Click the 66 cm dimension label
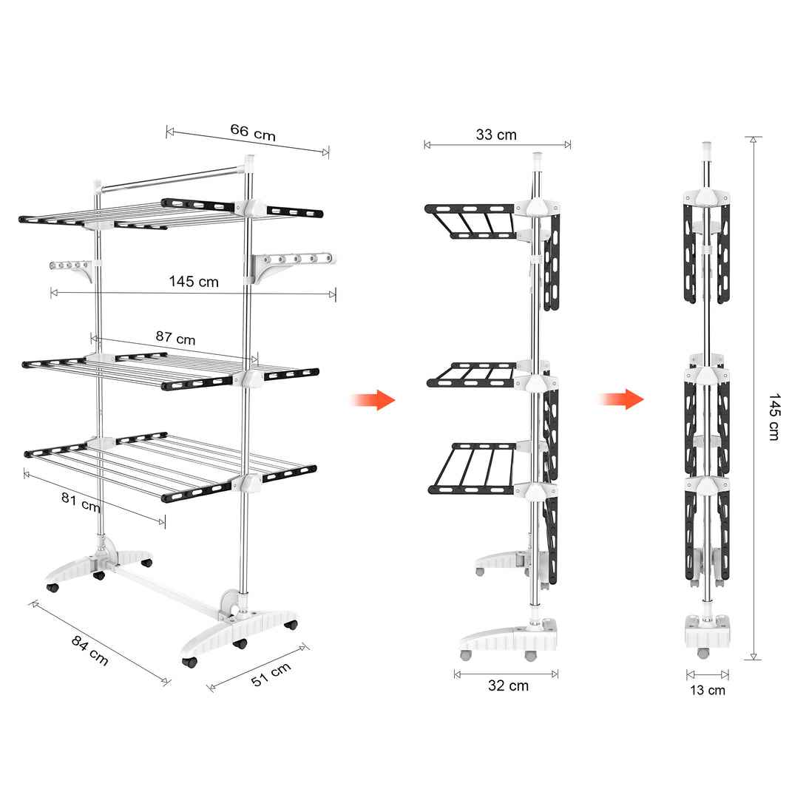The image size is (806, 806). pyautogui.click(x=253, y=132)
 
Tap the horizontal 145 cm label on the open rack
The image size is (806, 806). pyautogui.click(x=194, y=281)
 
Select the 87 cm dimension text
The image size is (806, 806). pyautogui.click(x=175, y=338)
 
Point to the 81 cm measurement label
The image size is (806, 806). pyautogui.click(x=80, y=501)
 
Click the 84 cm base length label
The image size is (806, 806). pyautogui.click(x=89, y=650)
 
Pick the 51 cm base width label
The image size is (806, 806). pyautogui.click(x=271, y=674)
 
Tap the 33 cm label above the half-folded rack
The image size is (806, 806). pyautogui.click(x=496, y=135)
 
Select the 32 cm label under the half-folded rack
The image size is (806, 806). pyautogui.click(x=509, y=685)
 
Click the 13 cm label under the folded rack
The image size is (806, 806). pyautogui.click(x=708, y=690)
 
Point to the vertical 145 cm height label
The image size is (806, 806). pyautogui.click(x=774, y=417)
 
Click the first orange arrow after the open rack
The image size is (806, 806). pyautogui.click(x=373, y=400)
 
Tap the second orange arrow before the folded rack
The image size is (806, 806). pyautogui.click(x=621, y=399)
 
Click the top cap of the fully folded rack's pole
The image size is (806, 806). pyautogui.click(x=707, y=149)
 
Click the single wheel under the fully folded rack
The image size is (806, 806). pyautogui.click(x=702, y=654)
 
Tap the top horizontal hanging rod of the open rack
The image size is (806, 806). pyautogui.click(x=171, y=179)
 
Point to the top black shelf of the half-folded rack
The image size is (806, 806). pyautogui.click(x=470, y=221)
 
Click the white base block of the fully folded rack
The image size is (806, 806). pyautogui.click(x=708, y=631)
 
